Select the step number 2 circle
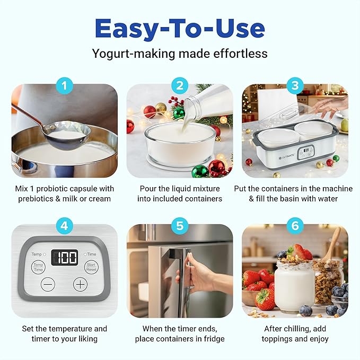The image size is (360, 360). tap(180, 85)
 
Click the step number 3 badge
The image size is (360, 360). tap(295, 85)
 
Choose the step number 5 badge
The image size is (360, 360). tap(180, 225)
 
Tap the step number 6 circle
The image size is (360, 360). tap(295, 225)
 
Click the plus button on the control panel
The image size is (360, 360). tap(80, 284)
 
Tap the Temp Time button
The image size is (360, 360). tap(38, 267)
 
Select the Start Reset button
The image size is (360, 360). tap(91, 267)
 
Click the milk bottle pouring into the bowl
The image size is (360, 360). tap(210, 107)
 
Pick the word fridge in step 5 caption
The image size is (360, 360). tap(214, 339)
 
